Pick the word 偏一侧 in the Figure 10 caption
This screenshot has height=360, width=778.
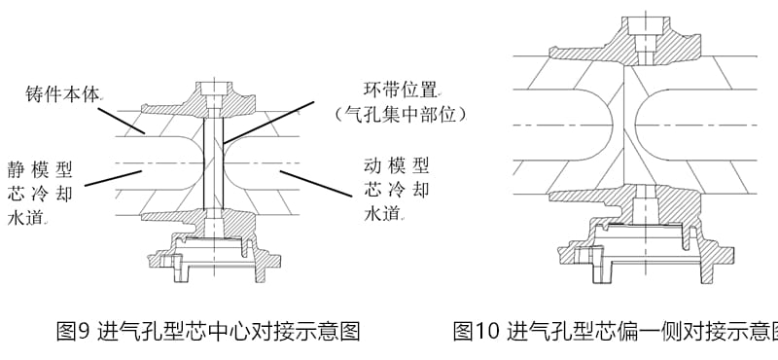coord(641,332)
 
